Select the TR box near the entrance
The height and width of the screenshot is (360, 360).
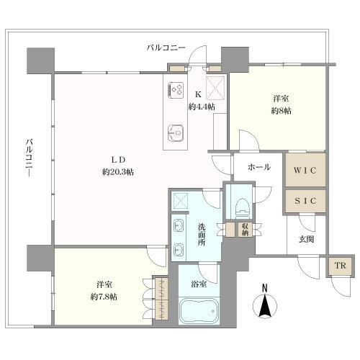[x=338, y=266]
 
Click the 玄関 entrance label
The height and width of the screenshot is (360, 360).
[x=307, y=240]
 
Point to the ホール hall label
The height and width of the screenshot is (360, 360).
[x=258, y=167]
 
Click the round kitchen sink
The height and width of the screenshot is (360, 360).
[x=176, y=132]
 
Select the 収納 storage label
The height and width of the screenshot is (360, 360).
[x=245, y=229]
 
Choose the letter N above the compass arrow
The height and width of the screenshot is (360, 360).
[x=264, y=289]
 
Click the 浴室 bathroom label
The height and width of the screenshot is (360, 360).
[x=199, y=283]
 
